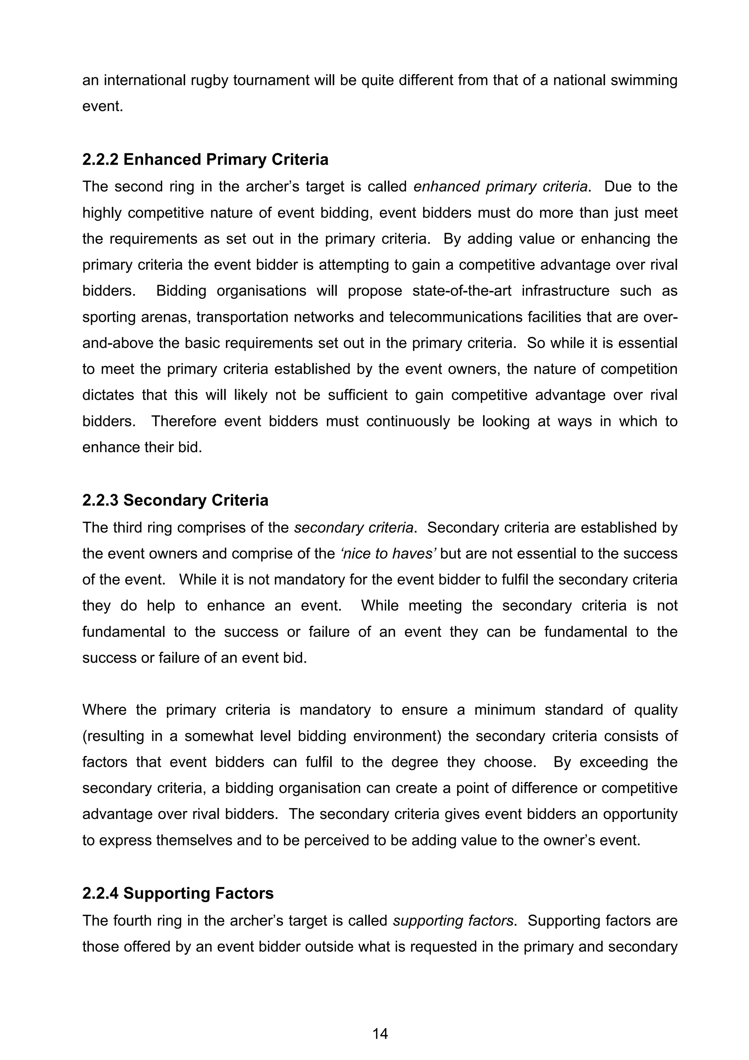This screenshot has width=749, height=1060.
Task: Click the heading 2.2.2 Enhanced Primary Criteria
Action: pyautogui.click(x=206, y=160)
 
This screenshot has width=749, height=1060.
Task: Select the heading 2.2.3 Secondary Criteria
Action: pyautogui.click(x=176, y=500)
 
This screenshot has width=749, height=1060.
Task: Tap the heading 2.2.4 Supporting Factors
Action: pyautogui.click(x=178, y=893)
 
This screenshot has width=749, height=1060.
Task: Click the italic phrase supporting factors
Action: pyautogui.click(x=453, y=921)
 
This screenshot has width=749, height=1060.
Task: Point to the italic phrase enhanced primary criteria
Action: pyautogui.click(x=501, y=187)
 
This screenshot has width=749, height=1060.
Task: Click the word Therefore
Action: pyautogui.click(x=184, y=421)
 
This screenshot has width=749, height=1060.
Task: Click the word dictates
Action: pyautogui.click(x=108, y=395)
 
